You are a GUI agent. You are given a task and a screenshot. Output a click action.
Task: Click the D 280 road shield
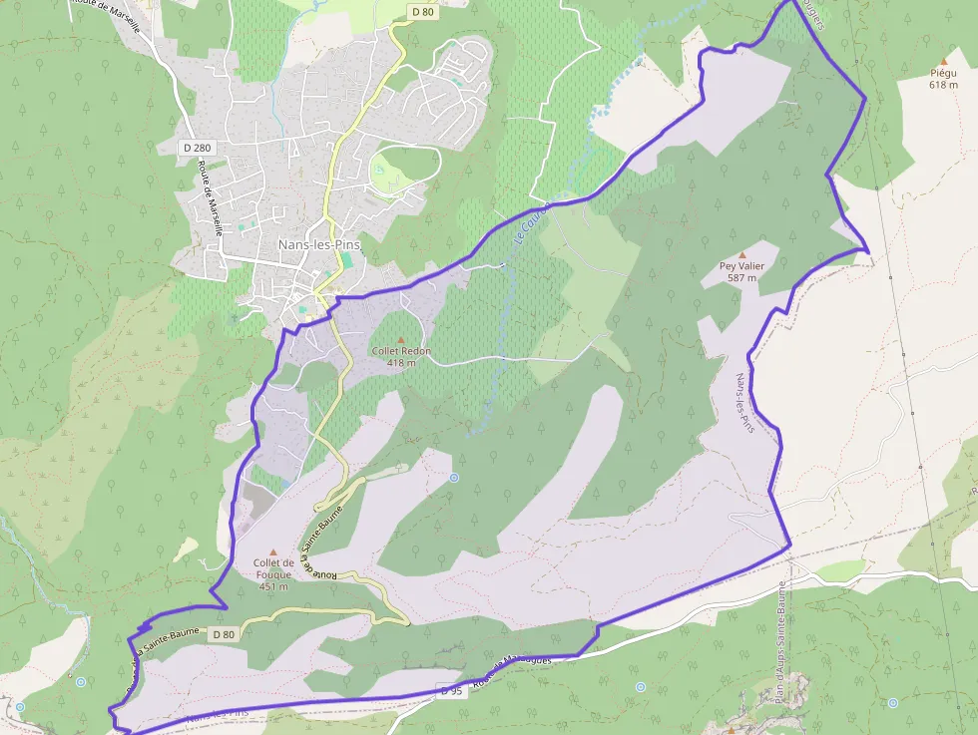click(x=198, y=148)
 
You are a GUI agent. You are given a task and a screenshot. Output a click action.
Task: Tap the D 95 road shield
click(x=449, y=689)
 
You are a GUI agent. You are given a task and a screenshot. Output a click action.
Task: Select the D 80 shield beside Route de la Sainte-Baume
click(x=224, y=634)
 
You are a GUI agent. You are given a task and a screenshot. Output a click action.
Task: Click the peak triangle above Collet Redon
click(x=401, y=340)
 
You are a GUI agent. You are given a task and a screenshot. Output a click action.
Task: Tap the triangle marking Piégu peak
click(x=943, y=61)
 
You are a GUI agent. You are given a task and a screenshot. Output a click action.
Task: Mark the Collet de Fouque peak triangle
click(x=272, y=551)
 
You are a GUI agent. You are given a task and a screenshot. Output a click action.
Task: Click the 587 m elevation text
click(x=741, y=278)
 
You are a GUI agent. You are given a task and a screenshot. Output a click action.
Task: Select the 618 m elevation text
click(x=943, y=85)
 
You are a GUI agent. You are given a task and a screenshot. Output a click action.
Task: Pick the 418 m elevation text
click(x=401, y=363)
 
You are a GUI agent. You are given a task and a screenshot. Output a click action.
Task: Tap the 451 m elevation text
click(x=272, y=586)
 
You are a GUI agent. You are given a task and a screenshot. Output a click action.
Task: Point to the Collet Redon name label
click(x=401, y=351)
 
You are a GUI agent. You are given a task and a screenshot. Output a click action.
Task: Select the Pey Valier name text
click(x=741, y=266)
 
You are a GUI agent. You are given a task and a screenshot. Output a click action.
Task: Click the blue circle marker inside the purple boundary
click(x=454, y=478)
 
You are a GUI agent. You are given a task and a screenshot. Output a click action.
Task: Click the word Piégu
click(x=943, y=73)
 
